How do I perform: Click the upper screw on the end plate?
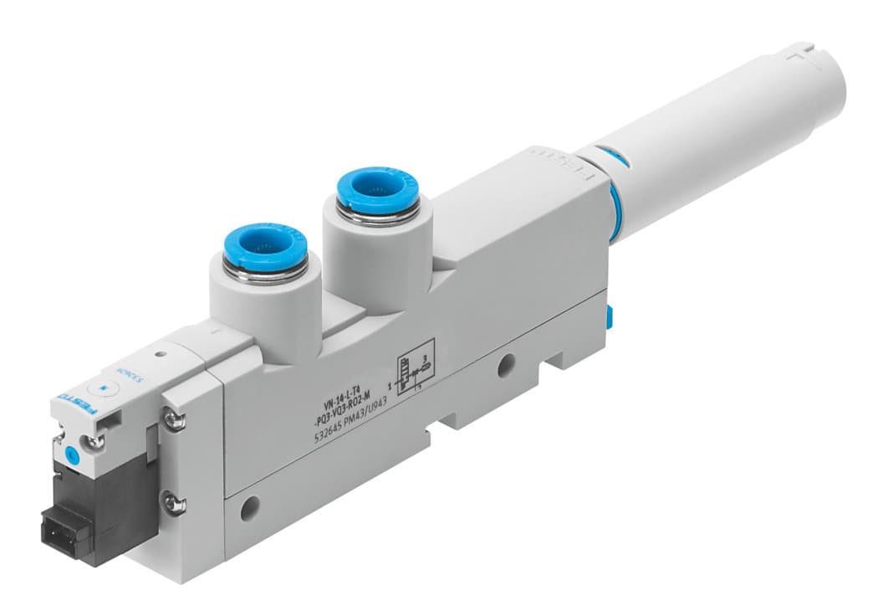174,421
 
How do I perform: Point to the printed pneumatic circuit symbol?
413,368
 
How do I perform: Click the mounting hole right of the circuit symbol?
505,364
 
